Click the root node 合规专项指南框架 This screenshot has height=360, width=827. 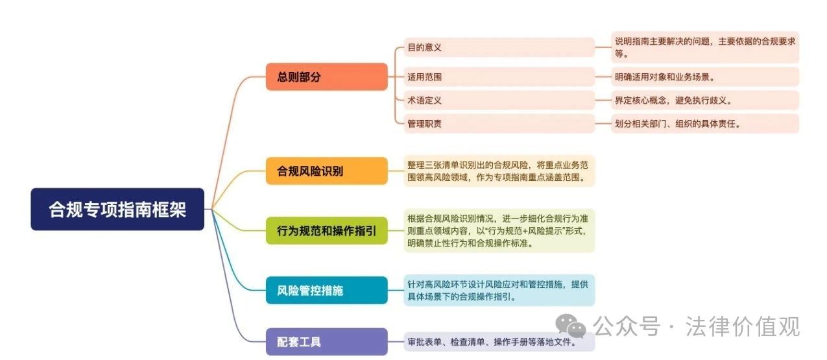tap(117, 209)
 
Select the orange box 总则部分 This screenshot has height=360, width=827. tap(327, 77)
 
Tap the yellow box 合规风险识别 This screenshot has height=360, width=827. tap(327, 171)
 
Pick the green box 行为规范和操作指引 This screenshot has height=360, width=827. tap(327, 231)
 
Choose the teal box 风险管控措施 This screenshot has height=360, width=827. tap(327, 291)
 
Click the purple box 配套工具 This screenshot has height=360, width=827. tap(327, 342)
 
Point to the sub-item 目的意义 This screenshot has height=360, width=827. tap(499, 47)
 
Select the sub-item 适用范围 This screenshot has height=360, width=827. tap(499, 77)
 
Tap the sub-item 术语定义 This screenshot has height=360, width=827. tap(499, 100)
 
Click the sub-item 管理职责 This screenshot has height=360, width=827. tap(499, 123)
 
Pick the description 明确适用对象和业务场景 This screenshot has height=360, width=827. tap(705, 77)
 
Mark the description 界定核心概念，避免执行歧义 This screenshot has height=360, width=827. tap(705, 100)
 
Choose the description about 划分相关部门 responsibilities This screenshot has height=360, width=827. tap(705, 123)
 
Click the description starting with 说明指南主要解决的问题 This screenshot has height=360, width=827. tap(705, 47)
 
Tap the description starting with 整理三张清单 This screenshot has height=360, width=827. tap(499, 171)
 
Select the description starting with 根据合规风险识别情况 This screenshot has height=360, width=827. tap(499, 231)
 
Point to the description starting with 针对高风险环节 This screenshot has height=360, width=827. tap(499, 291)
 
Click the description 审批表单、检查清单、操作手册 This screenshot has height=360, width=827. tap(499, 342)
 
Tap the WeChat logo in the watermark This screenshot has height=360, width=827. tap(570, 326)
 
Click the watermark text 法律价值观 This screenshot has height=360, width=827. tap(743, 326)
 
